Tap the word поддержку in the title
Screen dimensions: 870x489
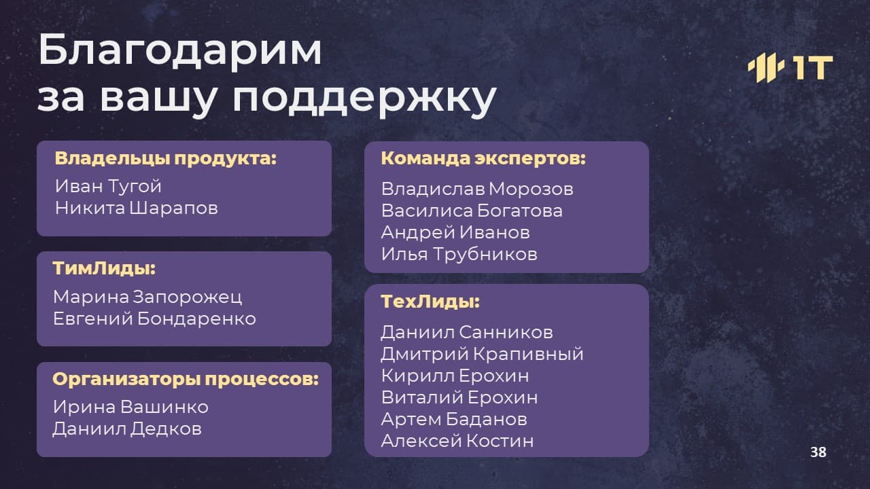pos(364,99)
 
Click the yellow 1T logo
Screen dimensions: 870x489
pos(790,67)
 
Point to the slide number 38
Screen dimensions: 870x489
pos(818,452)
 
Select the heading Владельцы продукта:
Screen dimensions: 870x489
pos(165,159)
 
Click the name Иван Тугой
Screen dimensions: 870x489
pos(108,186)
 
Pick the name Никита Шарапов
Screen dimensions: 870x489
pos(137,208)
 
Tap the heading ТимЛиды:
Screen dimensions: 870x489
pos(104,268)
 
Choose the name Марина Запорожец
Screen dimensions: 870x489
pos(147,297)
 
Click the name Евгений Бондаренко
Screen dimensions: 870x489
pos(154,319)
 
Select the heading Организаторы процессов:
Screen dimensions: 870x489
pos(186,379)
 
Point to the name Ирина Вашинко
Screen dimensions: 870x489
pos(131,407)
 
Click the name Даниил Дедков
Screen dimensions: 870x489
pos(127,429)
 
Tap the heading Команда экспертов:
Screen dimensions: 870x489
pos(483,159)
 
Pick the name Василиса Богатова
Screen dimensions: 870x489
pos(472,211)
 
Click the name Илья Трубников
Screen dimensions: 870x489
pos(459,255)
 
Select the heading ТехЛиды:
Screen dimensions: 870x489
pos(430,302)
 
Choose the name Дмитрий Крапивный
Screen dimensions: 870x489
pos(482,355)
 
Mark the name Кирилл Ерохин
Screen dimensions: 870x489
pos(455,376)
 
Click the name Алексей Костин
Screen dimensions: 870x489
pos(457,441)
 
